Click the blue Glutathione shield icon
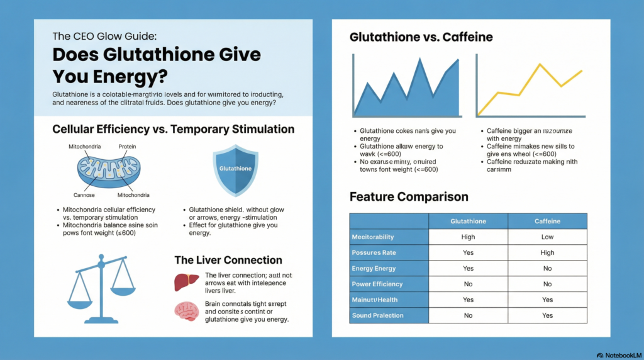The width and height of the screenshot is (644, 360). [x=236, y=170]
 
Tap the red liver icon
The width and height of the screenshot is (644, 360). [x=183, y=282]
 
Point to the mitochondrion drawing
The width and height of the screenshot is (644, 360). [x=109, y=170]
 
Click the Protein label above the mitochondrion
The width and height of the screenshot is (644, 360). [x=128, y=146]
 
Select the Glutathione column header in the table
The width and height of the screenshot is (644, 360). [x=468, y=221]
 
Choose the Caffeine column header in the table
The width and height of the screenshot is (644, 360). [x=547, y=221]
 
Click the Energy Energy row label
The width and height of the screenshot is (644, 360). [x=375, y=268]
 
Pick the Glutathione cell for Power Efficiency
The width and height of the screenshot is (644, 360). [x=468, y=284]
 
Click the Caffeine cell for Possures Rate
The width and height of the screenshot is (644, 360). [x=547, y=252]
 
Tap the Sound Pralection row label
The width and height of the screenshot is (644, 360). [x=377, y=315]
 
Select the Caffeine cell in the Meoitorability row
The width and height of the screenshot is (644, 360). [x=547, y=237]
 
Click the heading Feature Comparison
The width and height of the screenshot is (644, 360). [x=409, y=197]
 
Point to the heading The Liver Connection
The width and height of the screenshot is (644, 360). [x=228, y=260]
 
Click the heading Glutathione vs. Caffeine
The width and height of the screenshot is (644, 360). [x=421, y=38]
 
